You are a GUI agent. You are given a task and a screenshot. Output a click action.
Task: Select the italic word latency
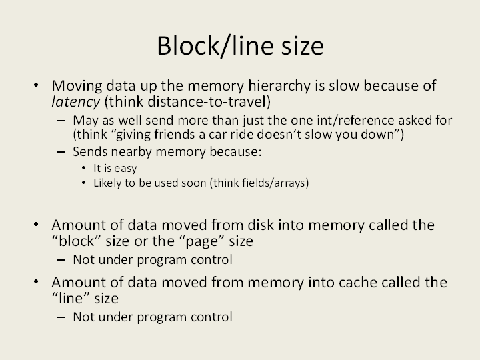click(x=75, y=102)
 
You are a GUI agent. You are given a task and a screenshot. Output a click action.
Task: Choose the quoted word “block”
click(x=77, y=241)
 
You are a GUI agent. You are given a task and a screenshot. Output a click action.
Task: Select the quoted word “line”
click(x=71, y=299)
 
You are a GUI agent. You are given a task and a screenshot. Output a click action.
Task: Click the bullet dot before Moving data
click(x=36, y=85)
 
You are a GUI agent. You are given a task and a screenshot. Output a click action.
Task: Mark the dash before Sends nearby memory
click(x=61, y=152)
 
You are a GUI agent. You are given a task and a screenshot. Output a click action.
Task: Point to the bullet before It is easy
click(x=84, y=168)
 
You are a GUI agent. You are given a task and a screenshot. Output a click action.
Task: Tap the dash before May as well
click(x=61, y=121)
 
